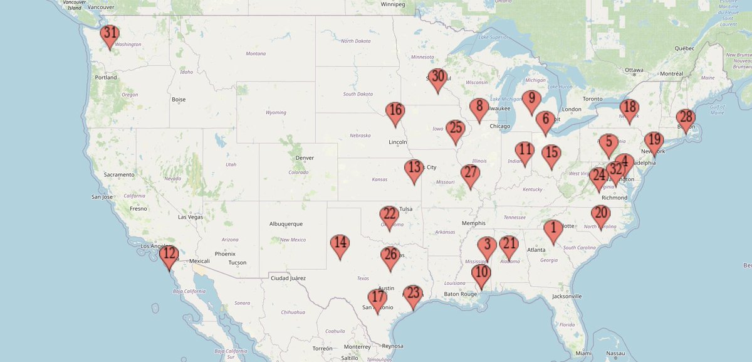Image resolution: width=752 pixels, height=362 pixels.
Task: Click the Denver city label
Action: tap(305, 157)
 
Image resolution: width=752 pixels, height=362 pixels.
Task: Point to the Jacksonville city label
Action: tap(567, 295)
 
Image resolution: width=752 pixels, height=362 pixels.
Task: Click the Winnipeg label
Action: tap(394, 4)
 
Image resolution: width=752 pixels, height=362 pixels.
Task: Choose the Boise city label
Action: tap(179, 99)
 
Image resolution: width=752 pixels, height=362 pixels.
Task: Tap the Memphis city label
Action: tap(474, 223)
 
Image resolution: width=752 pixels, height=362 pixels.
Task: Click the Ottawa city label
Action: tap(634, 70)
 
